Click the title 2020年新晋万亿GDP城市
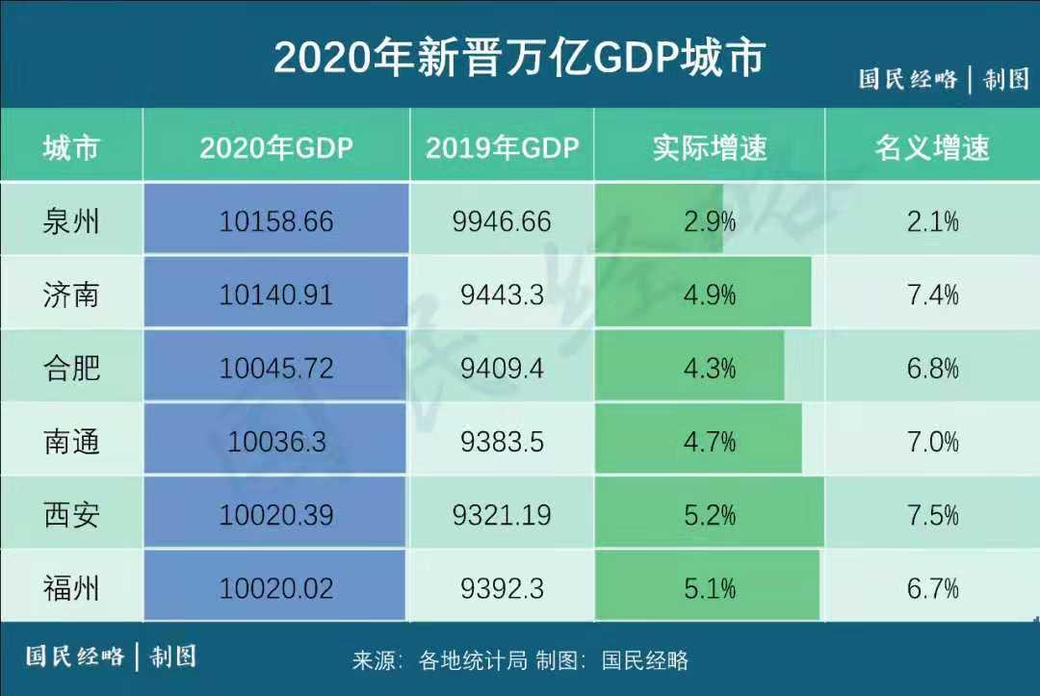pyautogui.click(x=519, y=57)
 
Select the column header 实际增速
pyautogui.click(x=710, y=147)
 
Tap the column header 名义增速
pyautogui.click(x=932, y=147)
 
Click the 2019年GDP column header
pyautogui.click(x=502, y=147)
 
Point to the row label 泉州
pyautogui.click(x=71, y=221)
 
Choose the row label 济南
pyautogui.click(x=71, y=295)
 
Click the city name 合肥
pyautogui.click(x=71, y=368)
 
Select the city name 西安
pyautogui.click(x=71, y=515)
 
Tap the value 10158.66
pyautogui.click(x=276, y=221)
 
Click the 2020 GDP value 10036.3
pyautogui.click(x=276, y=442)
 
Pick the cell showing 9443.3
pyautogui.click(x=502, y=295)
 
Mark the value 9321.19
pyautogui.click(x=502, y=515)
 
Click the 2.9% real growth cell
pyautogui.click(x=710, y=221)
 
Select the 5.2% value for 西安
pyautogui.click(x=710, y=515)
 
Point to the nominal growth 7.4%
pyautogui.click(x=932, y=295)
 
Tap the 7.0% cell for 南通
pyautogui.click(x=932, y=442)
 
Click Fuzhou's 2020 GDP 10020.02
pyautogui.click(x=276, y=588)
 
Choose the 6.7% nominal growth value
pyautogui.click(x=932, y=588)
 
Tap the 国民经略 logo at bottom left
pyautogui.click(x=75, y=657)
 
